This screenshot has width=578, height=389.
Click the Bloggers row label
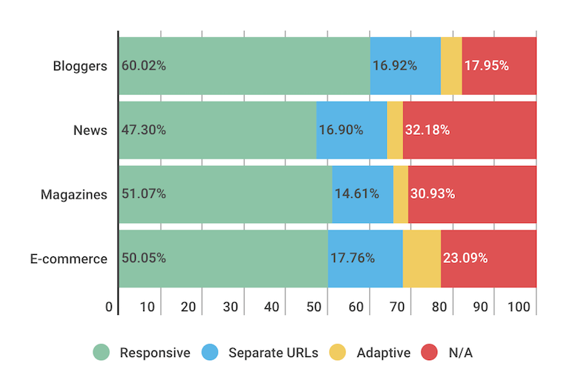(79, 66)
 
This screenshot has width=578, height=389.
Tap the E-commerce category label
(69, 259)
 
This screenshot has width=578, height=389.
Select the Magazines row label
(73, 195)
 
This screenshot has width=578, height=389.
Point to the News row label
(90, 130)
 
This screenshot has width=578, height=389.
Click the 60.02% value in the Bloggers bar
(144, 66)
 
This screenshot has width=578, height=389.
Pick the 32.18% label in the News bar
(428, 130)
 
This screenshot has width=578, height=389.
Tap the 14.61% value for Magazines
(357, 195)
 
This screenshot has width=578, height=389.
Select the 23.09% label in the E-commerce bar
(465, 259)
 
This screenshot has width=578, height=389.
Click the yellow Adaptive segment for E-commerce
(422, 259)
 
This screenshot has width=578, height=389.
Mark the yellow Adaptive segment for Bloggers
(451, 66)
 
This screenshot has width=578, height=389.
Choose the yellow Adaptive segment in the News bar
(395, 130)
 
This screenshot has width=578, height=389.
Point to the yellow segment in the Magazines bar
(400, 195)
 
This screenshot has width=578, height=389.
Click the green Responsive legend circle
(102, 353)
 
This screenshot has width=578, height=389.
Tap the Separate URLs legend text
(273, 353)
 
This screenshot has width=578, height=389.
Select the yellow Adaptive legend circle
(339, 353)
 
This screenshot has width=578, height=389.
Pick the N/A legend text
(460, 353)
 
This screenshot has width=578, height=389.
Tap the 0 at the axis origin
(110, 307)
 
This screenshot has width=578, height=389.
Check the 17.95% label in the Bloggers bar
(486, 66)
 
